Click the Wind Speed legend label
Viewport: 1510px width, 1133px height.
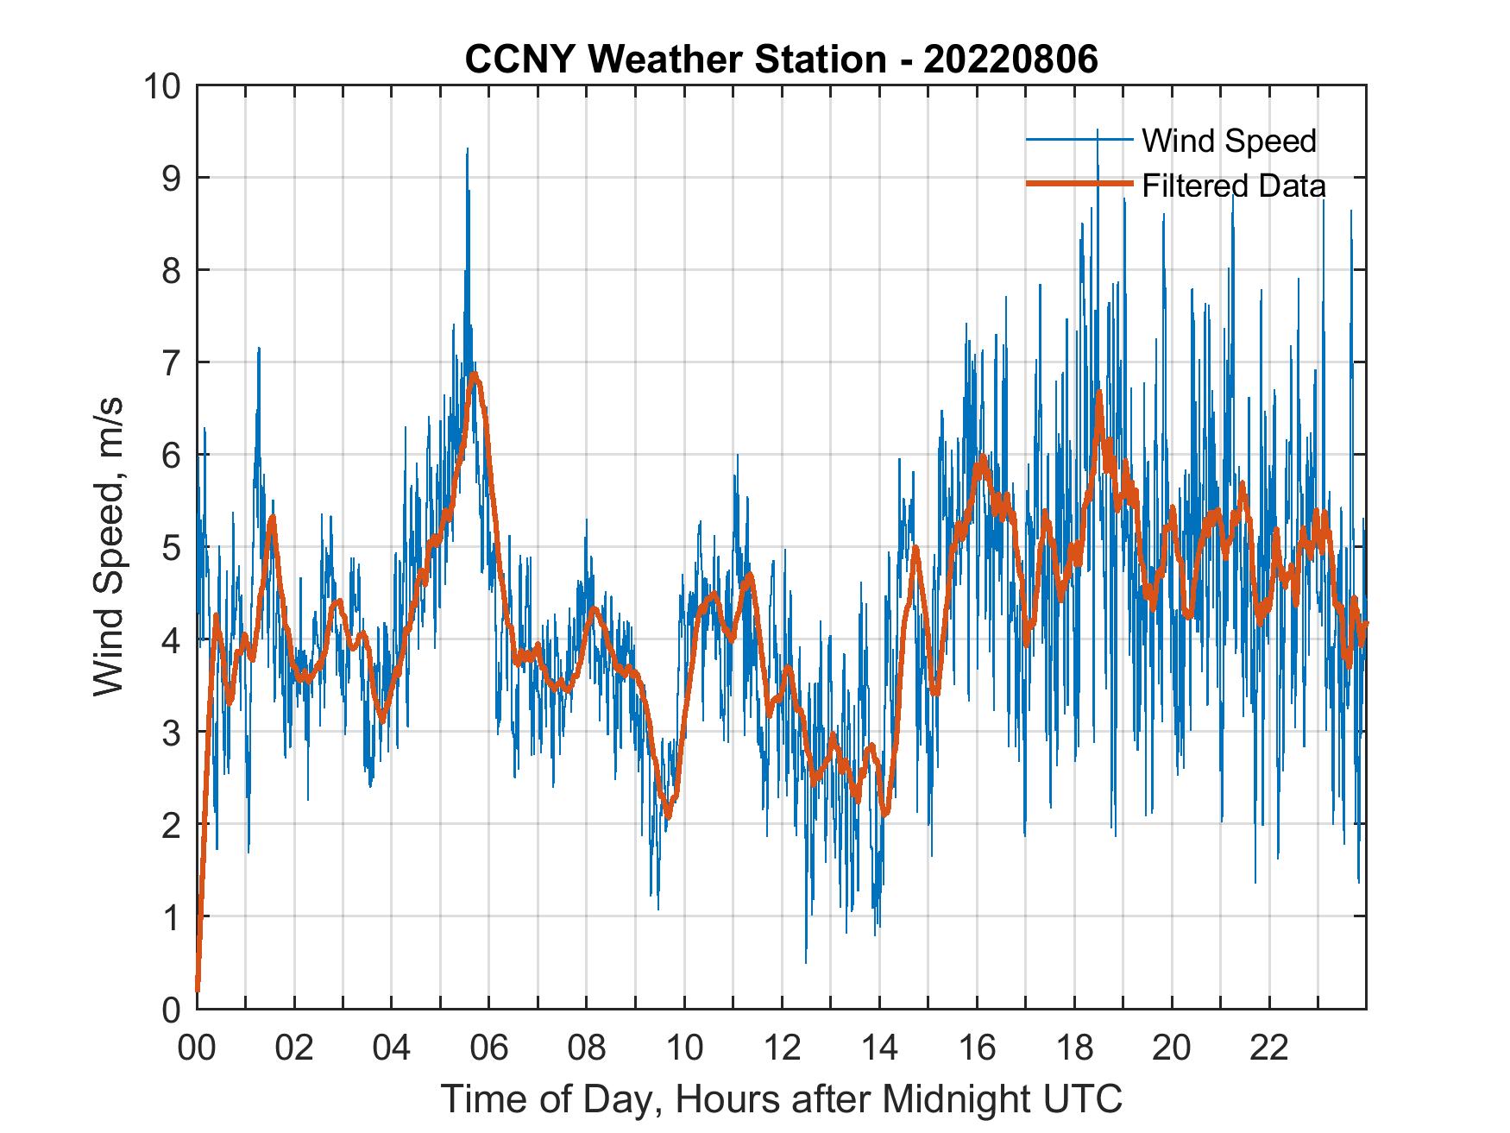(1229, 141)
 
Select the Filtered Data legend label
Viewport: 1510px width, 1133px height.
(1233, 186)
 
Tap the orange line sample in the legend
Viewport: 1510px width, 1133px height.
(1079, 185)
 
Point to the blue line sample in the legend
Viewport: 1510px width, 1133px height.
(1079, 140)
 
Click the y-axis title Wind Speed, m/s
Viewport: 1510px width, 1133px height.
(109, 546)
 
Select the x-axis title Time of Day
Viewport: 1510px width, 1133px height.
(782, 1099)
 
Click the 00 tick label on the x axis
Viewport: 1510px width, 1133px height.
(197, 1048)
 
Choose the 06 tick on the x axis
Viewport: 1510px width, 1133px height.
(489, 1048)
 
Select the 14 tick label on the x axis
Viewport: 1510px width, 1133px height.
(879, 1048)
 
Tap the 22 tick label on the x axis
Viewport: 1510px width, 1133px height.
(1269, 1048)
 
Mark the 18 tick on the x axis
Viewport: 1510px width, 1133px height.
(1074, 1048)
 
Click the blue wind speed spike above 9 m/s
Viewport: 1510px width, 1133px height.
(467, 150)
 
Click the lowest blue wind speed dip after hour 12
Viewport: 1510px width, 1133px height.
(806, 961)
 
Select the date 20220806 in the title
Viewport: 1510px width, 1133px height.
(1011, 60)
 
